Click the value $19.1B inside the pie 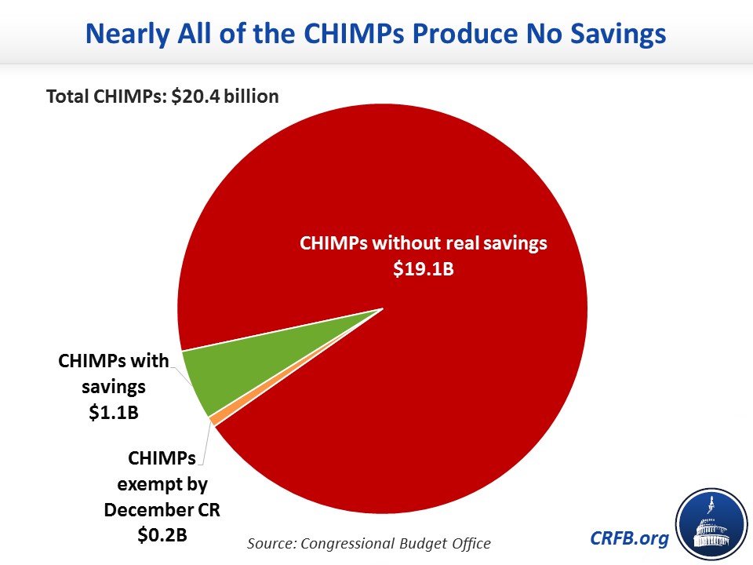[424, 268]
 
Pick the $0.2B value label [162, 535]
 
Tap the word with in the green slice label [153, 361]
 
